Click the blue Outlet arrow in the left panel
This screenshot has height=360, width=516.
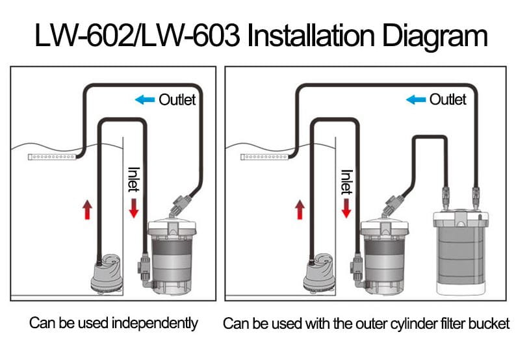(145, 99)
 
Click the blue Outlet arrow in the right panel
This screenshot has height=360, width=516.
(416, 99)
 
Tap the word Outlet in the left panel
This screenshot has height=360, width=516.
(177, 99)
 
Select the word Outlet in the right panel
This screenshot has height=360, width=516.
(448, 99)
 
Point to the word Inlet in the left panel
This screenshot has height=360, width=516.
(134, 179)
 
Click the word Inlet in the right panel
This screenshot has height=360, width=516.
(346, 182)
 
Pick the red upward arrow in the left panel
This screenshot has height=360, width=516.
(87, 210)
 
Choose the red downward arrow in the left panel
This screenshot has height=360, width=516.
(134, 208)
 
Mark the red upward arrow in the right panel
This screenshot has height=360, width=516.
(300, 210)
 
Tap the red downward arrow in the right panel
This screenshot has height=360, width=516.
(346, 209)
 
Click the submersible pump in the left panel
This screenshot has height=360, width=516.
(107, 274)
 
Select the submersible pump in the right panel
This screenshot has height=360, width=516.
(319, 274)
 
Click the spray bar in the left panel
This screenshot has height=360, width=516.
(53, 157)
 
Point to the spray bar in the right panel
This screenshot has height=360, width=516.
(265, 157)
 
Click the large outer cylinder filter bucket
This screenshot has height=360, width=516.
(460, 253)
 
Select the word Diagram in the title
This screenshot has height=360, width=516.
(435, 36)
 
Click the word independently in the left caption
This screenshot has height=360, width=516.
(155, 323)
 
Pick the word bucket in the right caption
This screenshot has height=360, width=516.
(489, 324)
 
